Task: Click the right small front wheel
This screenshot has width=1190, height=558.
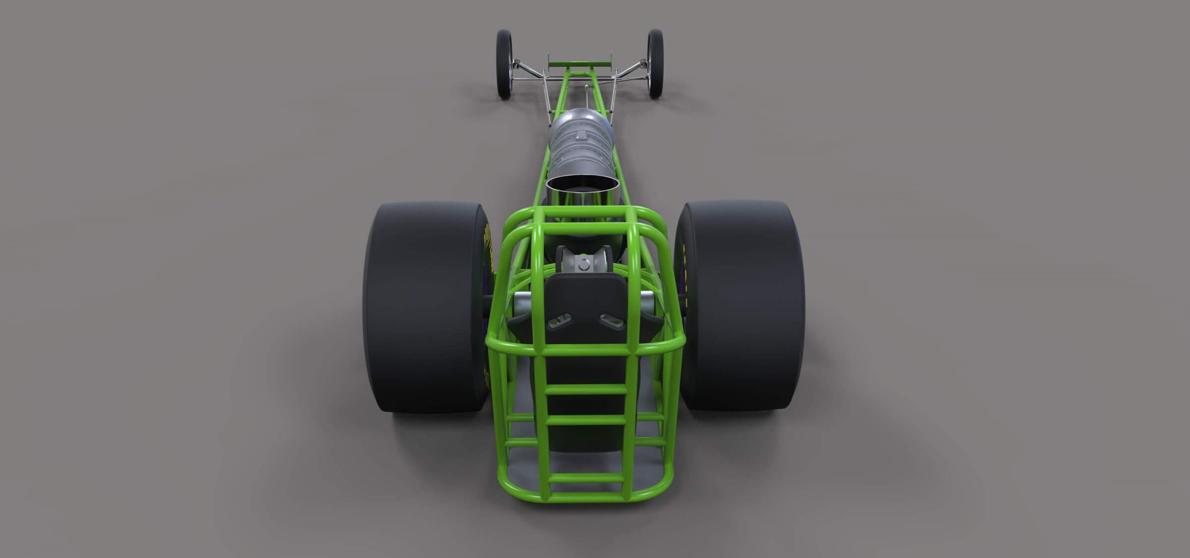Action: click(655, 63)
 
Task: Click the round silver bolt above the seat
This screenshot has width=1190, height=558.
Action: click(584, 266)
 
